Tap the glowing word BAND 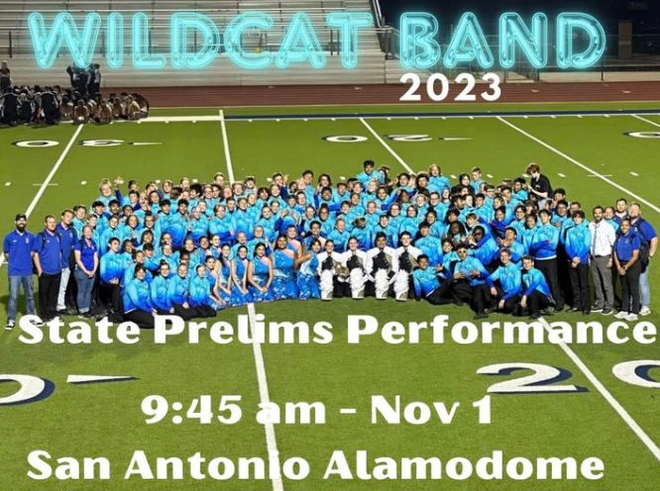tap(501, 40)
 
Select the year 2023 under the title tap(450, 86)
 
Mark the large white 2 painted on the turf tap(532, 377)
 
